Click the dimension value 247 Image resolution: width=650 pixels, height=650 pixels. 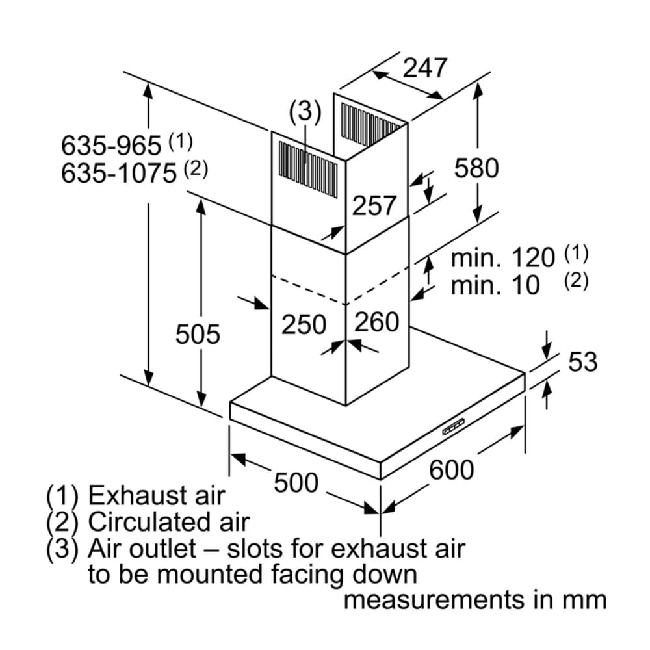426,68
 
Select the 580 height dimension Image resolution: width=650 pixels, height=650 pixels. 476,168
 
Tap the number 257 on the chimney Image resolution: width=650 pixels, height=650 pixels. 374,206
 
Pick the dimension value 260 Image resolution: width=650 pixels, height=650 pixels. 377,322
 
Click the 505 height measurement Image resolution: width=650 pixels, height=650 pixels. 198,335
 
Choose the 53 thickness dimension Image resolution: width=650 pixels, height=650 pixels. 582,362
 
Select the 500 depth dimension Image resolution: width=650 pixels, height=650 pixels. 296,483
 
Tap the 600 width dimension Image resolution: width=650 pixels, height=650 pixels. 452,469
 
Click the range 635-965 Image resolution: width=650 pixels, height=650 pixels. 110,145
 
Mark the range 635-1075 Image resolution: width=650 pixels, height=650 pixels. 119,174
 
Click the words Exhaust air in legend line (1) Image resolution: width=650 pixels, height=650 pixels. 156,496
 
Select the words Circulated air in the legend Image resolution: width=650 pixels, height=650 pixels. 168,522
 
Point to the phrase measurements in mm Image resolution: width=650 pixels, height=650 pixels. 474,600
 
